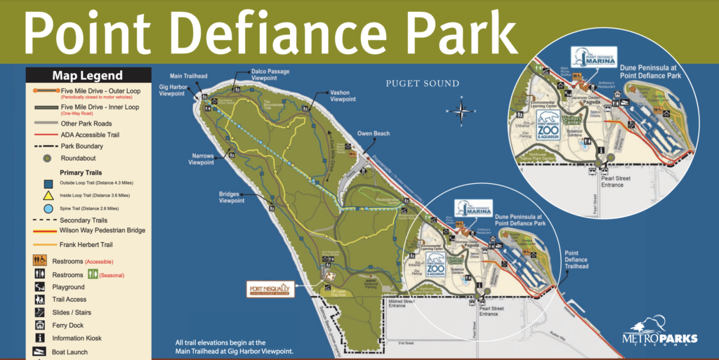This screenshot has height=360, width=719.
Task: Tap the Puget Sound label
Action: [x=422, y=84]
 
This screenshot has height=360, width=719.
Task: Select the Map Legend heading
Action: [x=87, y=76]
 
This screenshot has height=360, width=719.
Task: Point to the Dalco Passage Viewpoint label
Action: [x=270, y=74]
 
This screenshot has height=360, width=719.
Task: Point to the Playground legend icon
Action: [x=39, y=287]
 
